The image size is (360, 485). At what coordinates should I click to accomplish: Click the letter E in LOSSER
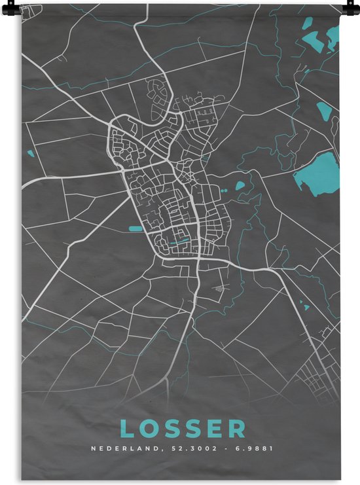[x=216, y=429]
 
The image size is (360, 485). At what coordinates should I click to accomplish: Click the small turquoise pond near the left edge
[x=29, y=154]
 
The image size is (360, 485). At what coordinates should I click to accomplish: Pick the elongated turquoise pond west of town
[x=135, y=228]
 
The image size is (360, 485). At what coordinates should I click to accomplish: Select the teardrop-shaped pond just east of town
[x=240, y=185]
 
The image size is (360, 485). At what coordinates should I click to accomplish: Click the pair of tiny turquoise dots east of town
[x=225, y=190]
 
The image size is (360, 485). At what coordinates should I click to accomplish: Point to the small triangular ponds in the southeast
[x=304, y=304]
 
